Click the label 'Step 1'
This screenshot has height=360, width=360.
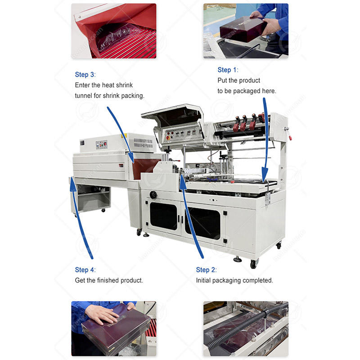227,70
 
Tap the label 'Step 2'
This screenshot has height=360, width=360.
205,270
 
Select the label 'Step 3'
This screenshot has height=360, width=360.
85,74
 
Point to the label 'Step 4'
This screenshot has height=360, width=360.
85,270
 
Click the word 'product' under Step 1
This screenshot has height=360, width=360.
250,81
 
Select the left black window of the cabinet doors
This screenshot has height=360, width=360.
164,216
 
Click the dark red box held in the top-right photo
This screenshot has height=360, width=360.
243,29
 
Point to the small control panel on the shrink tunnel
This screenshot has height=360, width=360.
101,144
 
